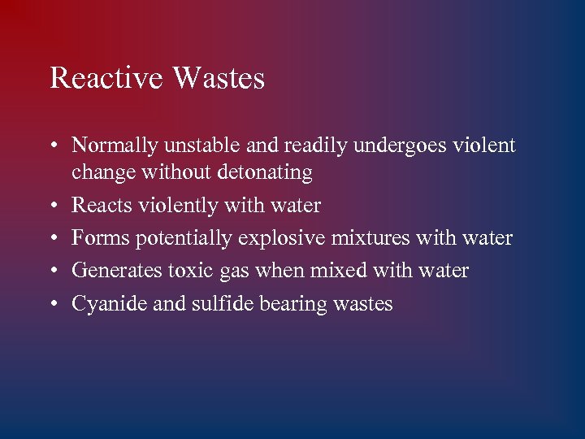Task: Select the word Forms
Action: coord(101,238)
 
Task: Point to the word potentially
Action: coord(184,239)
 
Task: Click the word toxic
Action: coord(186,271)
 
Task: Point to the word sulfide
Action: coord(217,303)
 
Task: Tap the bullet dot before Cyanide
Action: coord(52,304)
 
